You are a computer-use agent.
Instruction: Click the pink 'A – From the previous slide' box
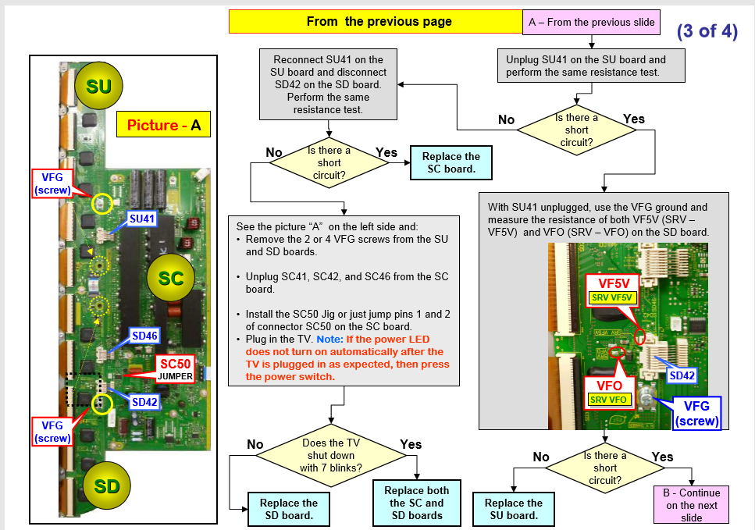[591, 22]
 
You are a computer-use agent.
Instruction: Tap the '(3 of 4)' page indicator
[707, 32]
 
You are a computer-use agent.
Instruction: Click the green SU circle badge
[99, 85]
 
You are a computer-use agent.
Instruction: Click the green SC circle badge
[170, 278]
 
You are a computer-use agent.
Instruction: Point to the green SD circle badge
[106, 486]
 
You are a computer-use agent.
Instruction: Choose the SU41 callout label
[142, 219]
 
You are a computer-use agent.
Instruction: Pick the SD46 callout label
[144, 336]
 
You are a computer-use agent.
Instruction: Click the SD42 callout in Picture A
[144, 401]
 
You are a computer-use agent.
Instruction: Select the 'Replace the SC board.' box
[451, 162]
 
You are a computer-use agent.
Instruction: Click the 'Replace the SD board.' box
[288, 509]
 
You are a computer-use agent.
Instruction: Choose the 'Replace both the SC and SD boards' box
[417, 503]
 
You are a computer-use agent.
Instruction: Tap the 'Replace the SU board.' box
[513, 509]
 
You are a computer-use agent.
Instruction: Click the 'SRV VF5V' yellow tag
[613, 297]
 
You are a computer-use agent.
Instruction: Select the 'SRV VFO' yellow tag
[609, 400]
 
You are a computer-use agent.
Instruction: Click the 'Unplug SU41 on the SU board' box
[586, 66]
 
